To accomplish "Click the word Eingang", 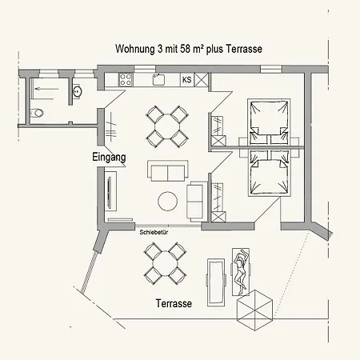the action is pyautogui.click(x=109, y=158).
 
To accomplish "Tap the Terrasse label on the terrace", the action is pyautogui.click(x=174, y=303).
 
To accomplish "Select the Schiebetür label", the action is pyautogui.click(x=154, y=232).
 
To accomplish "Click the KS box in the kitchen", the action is pyautogui.click(x=187, y=79).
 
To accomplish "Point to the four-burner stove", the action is pyautogui.click(x=126, y=79).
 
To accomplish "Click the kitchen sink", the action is pyautogui.click(x=158, y=79).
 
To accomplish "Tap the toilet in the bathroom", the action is pyautogui.click(x=37, y=113).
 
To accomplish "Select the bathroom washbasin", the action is pyautogui.click(x=78, y=91).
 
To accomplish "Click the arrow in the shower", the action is pyautogui.click(x=47, y=89).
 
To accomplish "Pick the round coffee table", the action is pyautogui.click(x=168, y=201).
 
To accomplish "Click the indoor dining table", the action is pyautogui.click(x=167, y=126).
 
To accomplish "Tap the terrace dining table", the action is pyautogui.click(x=165, y=263).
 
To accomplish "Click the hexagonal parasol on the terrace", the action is pyautogui.click(x=255, y=310).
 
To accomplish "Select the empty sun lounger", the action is pyautogui.click(x=216, y=282).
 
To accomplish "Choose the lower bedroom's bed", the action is pyautogui.click(x=269, y=173).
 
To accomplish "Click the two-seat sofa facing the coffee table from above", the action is pyautogui.click(x=168, y=171).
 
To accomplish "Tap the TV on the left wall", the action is pyautogui.click(x=110, y=191).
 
